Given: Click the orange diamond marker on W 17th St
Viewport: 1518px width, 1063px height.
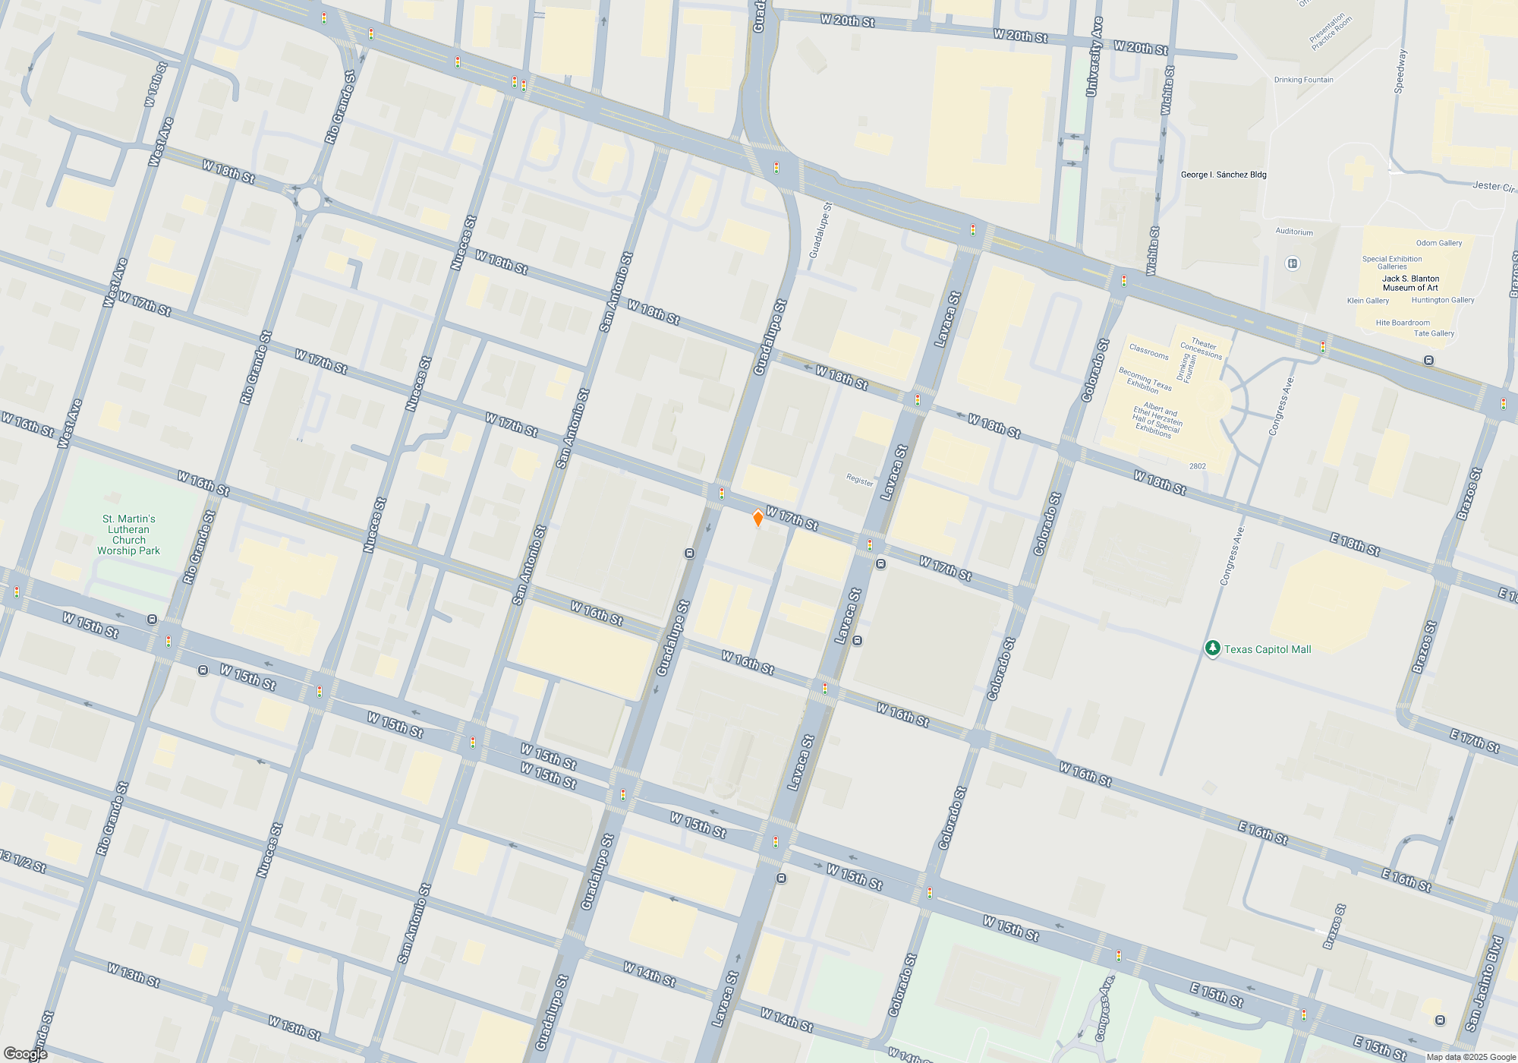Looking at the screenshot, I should [757, 519].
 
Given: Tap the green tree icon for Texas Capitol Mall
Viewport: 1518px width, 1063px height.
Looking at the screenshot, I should [1212, 648].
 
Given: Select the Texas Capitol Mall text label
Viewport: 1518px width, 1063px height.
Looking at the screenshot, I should [1268, 649].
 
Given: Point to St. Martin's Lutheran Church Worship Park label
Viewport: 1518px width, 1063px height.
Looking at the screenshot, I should [128, 535].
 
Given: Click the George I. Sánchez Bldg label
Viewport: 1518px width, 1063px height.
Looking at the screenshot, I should [1224, 175].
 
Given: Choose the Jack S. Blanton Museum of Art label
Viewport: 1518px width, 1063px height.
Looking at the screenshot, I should [1410, 283].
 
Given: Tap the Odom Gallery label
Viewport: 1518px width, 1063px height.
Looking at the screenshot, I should [1439, 243].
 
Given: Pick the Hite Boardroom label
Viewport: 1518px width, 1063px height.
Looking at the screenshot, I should [1403, 323].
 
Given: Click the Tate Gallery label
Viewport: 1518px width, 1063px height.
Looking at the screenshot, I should [1434, 333].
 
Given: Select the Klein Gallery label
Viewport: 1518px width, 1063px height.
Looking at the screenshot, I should [1368, 301].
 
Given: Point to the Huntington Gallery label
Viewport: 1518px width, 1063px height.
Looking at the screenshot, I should [1443, 300].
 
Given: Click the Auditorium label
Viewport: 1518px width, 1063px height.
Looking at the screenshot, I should [1294, 232].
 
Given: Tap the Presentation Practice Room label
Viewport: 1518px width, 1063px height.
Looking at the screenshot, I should [1331, 31].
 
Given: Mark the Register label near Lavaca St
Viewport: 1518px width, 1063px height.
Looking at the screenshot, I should [860, 480].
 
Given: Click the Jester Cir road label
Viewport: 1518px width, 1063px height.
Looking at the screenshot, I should [1493, 186].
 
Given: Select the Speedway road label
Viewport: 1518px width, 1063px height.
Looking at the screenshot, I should [1400, 71].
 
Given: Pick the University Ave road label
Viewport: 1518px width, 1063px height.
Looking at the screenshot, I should [1094, 57].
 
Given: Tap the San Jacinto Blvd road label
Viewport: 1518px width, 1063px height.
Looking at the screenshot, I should [1485, 983].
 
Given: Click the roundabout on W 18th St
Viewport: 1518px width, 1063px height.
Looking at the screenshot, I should [308, 199].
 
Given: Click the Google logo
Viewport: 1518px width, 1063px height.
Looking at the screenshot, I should [25, 1054].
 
